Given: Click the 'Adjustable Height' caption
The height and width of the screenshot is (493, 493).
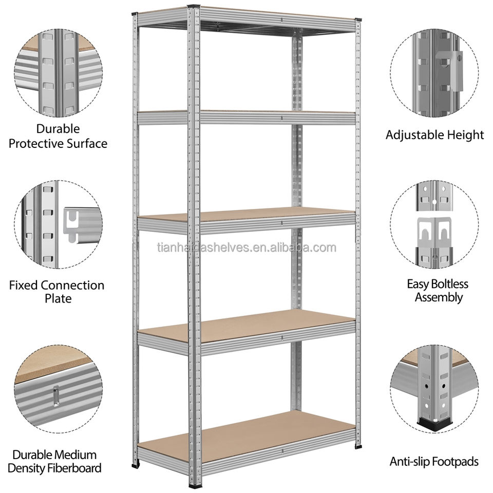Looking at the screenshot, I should [434, 135].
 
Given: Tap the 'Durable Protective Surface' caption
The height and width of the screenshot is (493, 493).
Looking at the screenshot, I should [58, 136].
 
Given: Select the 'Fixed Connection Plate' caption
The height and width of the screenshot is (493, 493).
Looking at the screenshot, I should [56, 291].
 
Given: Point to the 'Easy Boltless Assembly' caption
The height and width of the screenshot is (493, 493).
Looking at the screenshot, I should [438, 290].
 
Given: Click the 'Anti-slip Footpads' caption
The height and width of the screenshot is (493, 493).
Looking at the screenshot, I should [434, 462].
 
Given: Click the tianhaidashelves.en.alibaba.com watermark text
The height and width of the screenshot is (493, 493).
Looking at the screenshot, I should [246, 248].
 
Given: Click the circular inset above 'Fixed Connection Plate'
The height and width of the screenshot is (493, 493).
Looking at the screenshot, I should [58, 224].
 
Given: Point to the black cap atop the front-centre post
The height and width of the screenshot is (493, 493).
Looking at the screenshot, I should [194, 7].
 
